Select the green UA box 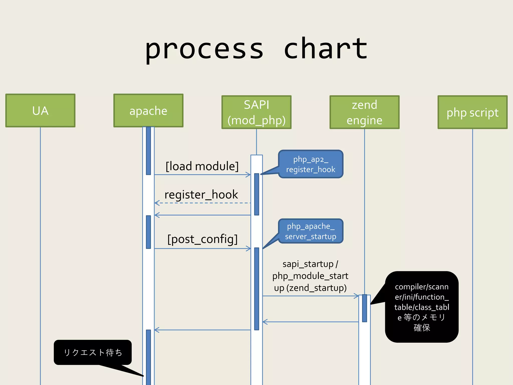[x=40, y=111]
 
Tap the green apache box [x=148, y=111]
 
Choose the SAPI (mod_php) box [x=256, y=112]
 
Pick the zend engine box [x=364, y=112]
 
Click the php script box [x=472, y=112]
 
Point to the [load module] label [x=202, y=166]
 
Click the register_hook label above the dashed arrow [x=201, y=195]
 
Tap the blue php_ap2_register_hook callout [x=311, y=164]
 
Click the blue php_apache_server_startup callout [x=311, y=231]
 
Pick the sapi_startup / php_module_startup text [x=310, y=276]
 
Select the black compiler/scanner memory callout [x=422, y=307]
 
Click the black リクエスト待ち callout [x=93, y=352]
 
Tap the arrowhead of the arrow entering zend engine [x=356, y=296]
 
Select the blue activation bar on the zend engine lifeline [x=364, y=308]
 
